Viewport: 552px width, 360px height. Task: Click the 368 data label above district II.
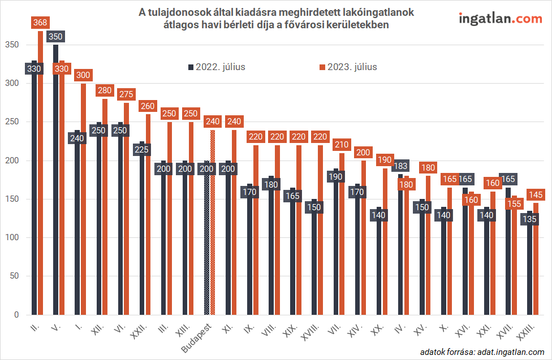coord(40,23)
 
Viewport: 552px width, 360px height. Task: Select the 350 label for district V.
coord(56,37)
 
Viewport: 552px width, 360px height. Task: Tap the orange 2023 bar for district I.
coord(83,226)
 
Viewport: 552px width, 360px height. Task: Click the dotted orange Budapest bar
coord(212,226)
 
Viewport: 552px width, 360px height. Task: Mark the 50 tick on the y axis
coord(14,276)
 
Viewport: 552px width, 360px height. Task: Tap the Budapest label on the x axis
coord(196,338)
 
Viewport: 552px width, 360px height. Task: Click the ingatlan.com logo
coord(500,19)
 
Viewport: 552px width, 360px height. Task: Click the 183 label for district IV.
coord(400,166)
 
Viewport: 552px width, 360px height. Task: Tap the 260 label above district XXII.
coord(148,106)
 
